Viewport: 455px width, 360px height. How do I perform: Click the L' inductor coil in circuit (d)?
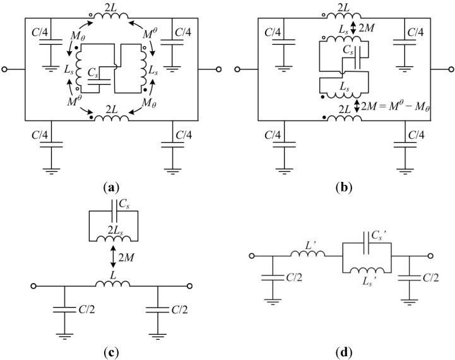(x=307, y=255)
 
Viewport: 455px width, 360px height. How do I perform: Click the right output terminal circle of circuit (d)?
(x=434, y=256)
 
